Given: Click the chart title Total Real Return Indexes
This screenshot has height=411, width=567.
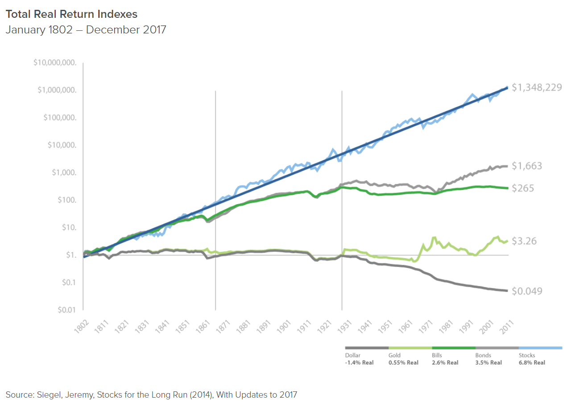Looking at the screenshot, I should (71, 14).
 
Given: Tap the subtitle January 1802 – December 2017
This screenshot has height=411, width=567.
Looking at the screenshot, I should (86, 31).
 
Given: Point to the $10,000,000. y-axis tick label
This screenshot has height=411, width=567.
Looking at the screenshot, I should (55, 63).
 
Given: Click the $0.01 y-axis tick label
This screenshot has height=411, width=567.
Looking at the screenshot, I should (67, 310).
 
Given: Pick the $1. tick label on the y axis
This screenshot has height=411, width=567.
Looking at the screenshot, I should (70, 255).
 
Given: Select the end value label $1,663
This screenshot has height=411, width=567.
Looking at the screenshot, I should (526, 166).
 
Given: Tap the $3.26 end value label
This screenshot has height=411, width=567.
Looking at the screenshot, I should (524, 241).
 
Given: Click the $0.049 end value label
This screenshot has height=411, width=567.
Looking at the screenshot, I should (526, 291).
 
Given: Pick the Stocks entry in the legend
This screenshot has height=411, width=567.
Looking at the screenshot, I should (527, 355).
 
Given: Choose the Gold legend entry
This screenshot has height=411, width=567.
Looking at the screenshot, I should (395, 355).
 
